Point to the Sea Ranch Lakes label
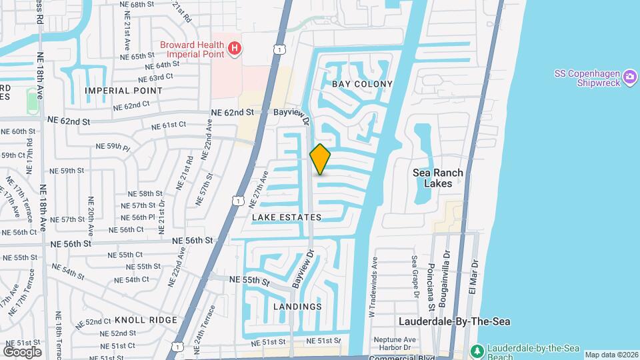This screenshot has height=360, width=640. coord(437,178)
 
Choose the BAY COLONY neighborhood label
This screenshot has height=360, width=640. coord(362,84)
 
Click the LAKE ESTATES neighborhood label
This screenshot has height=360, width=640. coord(287,217)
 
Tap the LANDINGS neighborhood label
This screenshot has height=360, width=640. coord(297,307)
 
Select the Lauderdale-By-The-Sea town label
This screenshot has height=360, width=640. coord(455,321)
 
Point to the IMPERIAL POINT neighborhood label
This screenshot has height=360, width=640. coord(115,90)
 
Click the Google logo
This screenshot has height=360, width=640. coord(22,351)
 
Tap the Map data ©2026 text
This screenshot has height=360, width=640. coord(611,355)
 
